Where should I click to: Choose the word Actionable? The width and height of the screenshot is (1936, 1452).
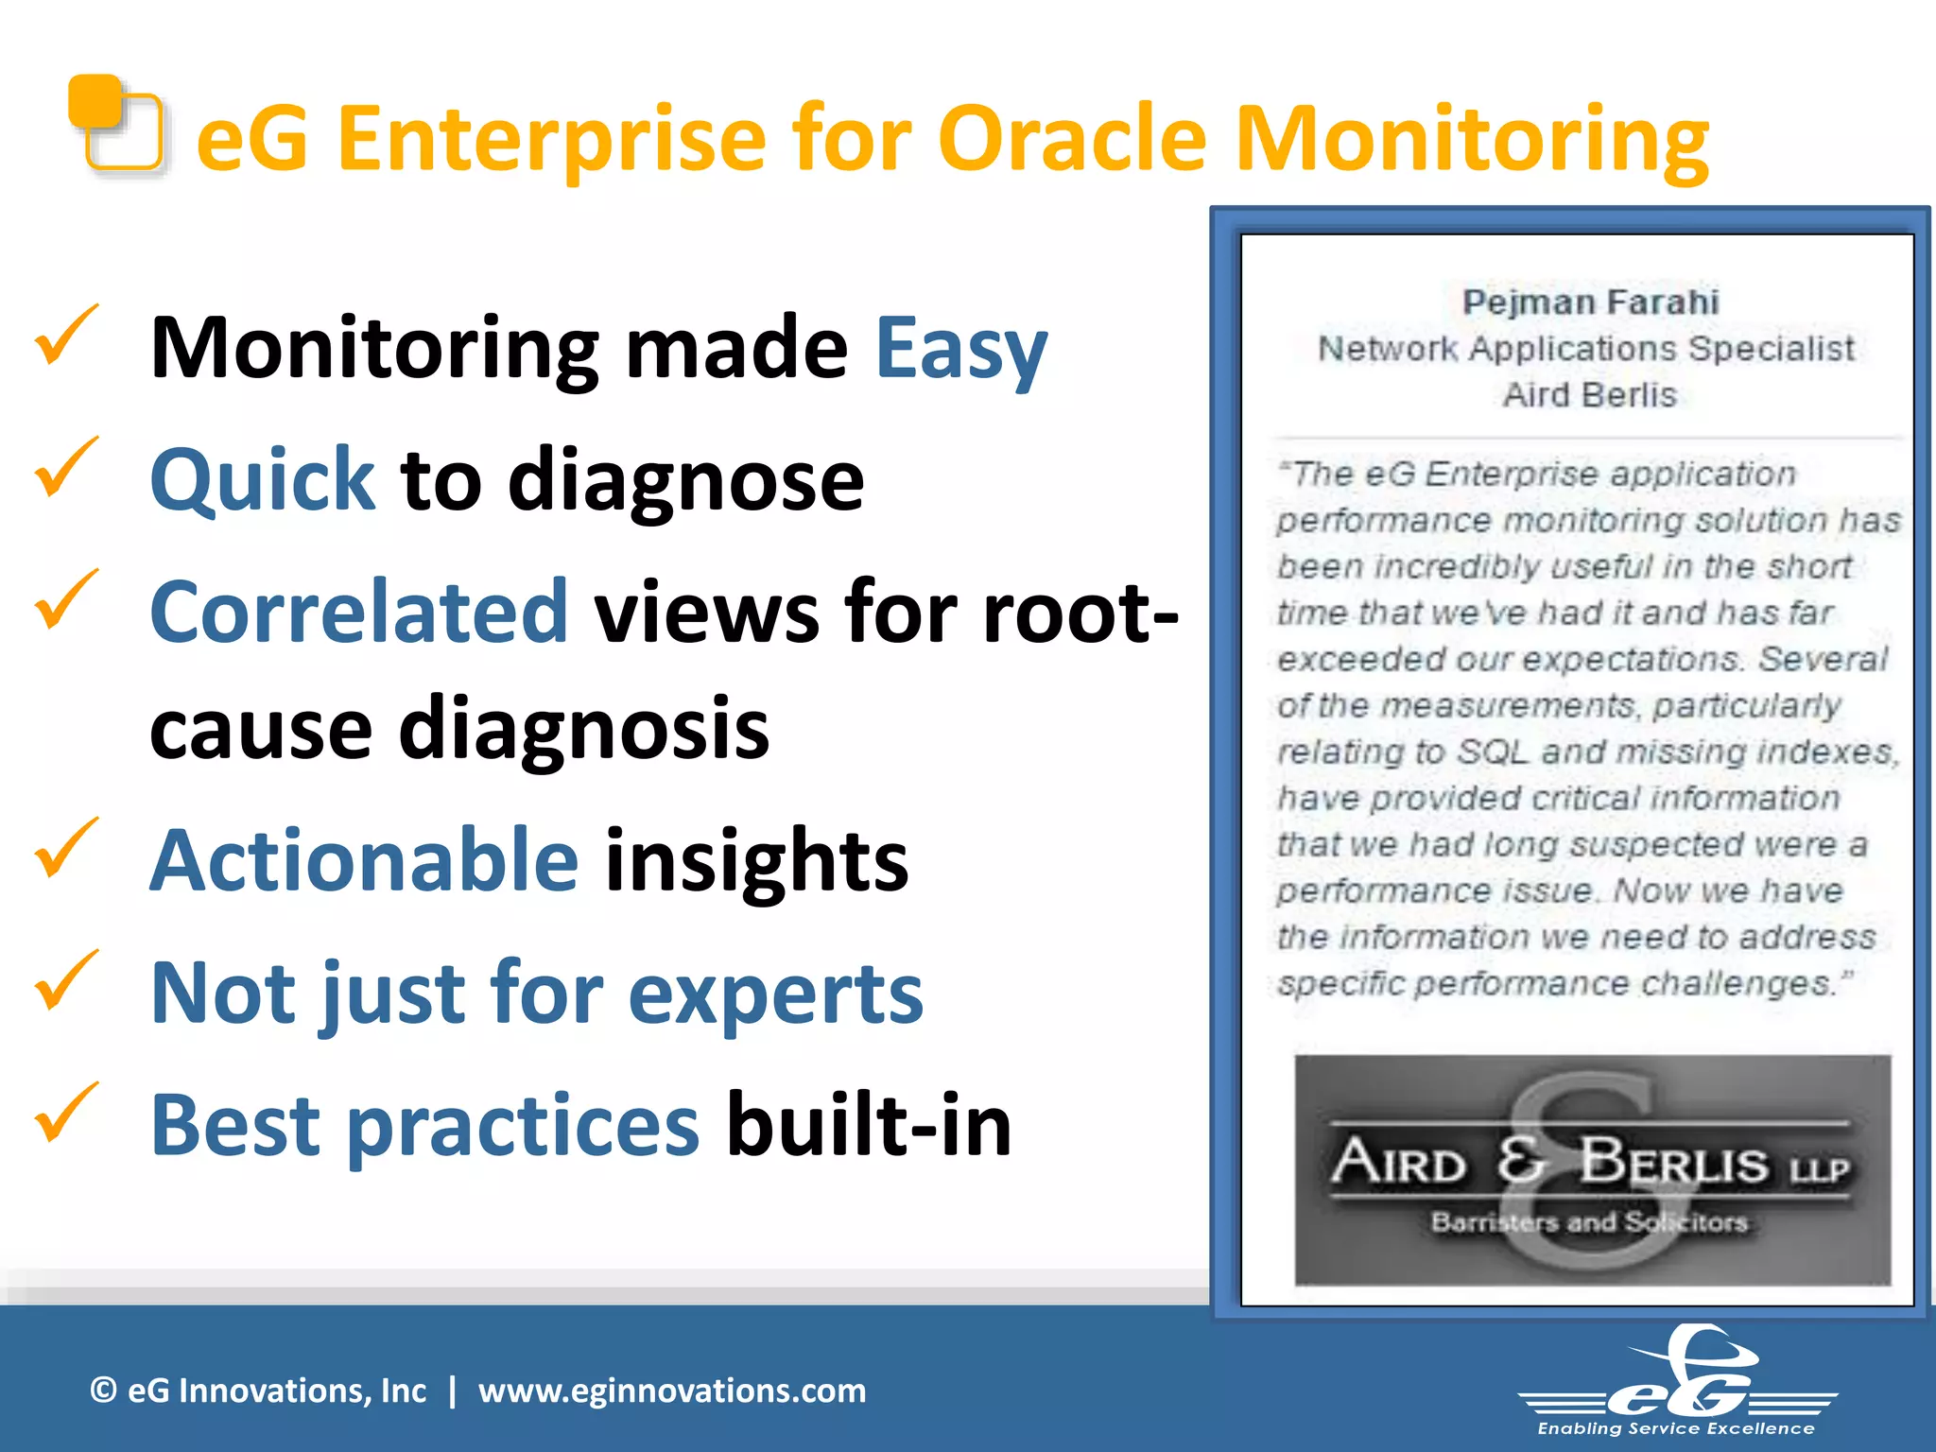coord(364,860)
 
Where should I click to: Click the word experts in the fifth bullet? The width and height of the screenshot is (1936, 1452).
coord(775,994)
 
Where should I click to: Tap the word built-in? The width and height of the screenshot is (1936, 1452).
coord(868,1125)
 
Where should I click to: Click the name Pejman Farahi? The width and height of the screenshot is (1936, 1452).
coord(1590,302)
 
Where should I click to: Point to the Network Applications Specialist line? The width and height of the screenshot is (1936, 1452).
coord(1586,349)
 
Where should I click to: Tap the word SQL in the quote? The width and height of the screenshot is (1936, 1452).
coord(1492,752)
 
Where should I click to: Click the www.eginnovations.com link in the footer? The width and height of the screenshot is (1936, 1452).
coord(671,1391)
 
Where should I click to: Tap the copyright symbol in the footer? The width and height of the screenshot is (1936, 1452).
coord(103,1391)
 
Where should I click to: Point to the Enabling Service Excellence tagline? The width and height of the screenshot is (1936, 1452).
coord(1675,1429)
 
